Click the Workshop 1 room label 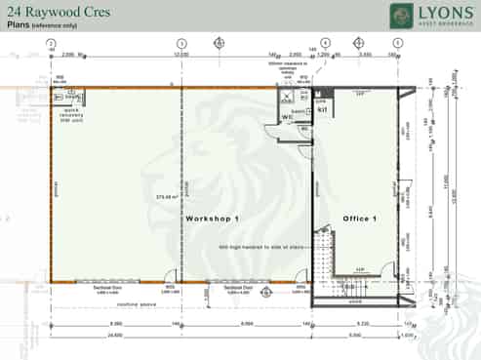pos(212,220)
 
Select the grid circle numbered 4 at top pos(325,44)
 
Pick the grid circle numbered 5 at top pos(397,44)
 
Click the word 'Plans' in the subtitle pos(20,26)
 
